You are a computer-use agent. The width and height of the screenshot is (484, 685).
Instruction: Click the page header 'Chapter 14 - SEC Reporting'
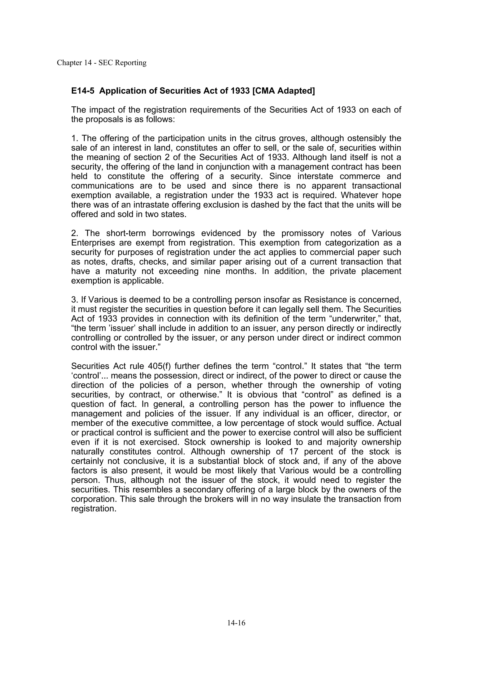tap(102, 63)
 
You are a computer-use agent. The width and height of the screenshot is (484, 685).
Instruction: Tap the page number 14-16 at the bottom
tap(236, 623)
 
